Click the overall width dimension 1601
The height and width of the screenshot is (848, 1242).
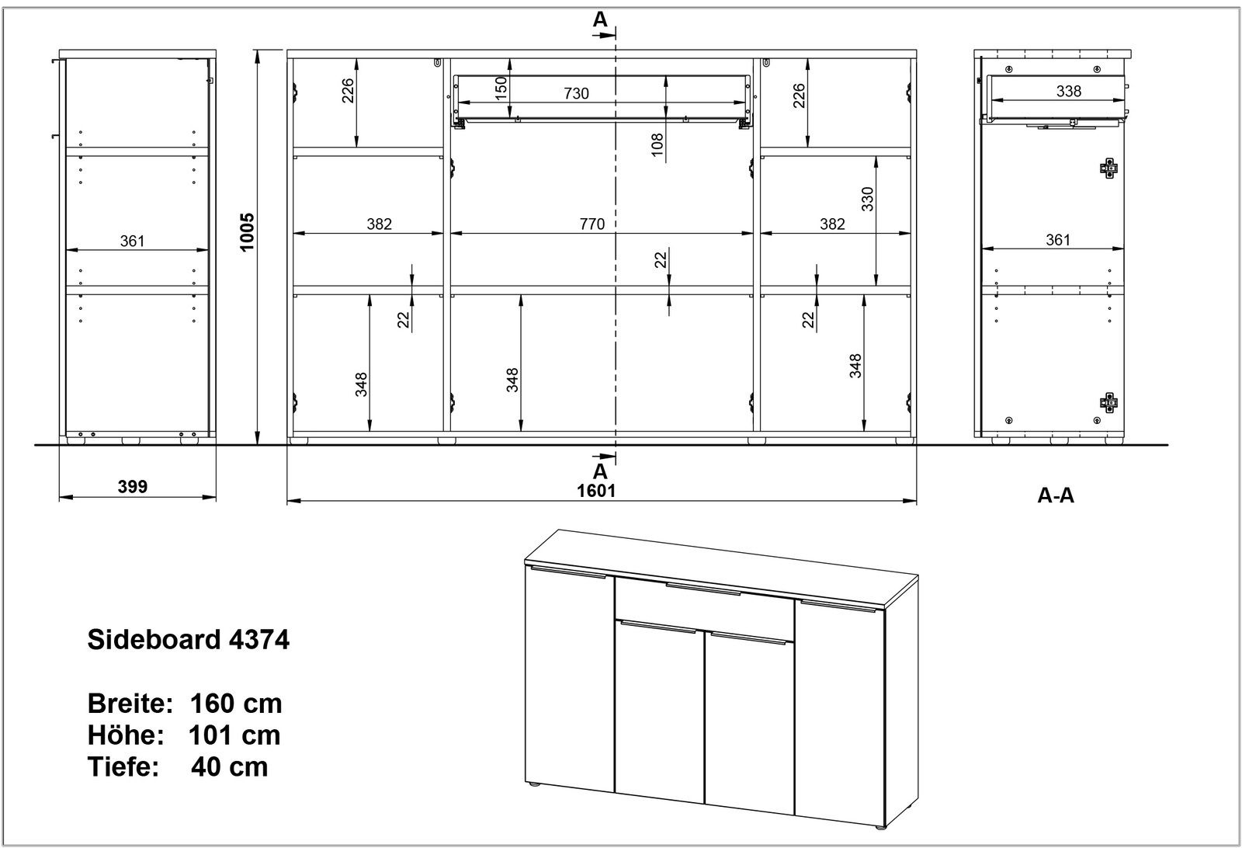(596, 490)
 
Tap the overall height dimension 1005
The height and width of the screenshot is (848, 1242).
(248, 232)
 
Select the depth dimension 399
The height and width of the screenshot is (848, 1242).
(133, 487)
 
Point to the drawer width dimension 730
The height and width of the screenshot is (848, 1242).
(576, 93)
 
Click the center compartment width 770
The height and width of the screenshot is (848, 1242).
(592, 224)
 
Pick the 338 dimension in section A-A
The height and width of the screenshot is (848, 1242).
(1069, 91)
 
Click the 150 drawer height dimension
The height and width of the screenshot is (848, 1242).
(501, 86)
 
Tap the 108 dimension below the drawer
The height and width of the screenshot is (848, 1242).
(657, 145)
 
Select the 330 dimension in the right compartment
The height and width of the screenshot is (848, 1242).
(867, 199)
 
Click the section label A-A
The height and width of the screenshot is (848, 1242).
(1056, 495)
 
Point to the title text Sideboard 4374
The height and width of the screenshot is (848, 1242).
(188, 641)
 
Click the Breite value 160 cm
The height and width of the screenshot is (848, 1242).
(236, 704)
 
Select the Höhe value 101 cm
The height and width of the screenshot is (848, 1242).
(234, 735)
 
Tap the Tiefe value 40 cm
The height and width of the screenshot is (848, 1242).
(229, 766)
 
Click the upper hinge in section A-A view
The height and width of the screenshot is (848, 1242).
(1110, 168)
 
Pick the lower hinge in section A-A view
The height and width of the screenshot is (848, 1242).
(1110, 401)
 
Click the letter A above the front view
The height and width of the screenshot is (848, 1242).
(600, 21)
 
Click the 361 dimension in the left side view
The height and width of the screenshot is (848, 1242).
(133, 241)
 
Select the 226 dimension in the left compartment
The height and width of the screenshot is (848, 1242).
(348, 91)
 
